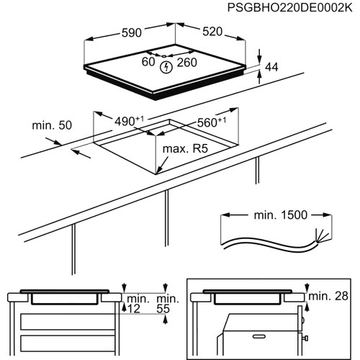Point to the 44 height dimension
[x=272, y=68]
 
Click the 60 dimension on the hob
[x=148, y=63]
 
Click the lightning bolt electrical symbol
[x=168, y=67]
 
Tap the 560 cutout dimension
[x=211, y=122]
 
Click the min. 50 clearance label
[x=52, y=126]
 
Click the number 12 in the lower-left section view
[x=135, y=308]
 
